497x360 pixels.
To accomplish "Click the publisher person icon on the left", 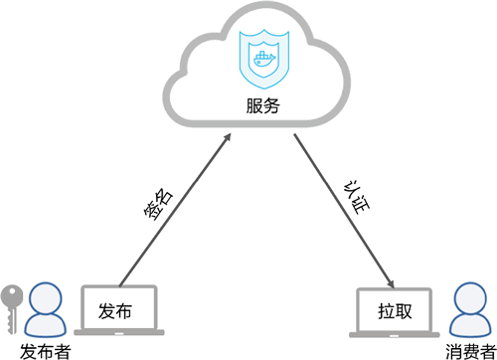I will coord(45,310).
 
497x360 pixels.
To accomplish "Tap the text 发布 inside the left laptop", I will coord(115,311).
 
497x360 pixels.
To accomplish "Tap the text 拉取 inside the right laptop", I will coord(395,311).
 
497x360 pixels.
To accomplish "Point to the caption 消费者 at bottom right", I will coord(469,350).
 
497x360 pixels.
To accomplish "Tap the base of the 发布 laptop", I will coord(116,335).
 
